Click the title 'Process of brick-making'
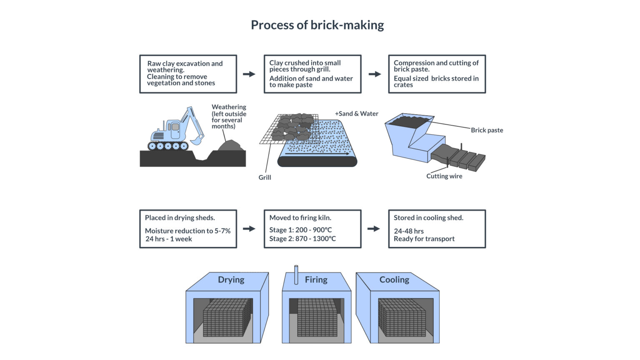tap(317, 25)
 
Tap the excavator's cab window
tap(175, 127)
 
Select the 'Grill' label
tap(265, 177)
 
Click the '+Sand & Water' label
tap(356, 113)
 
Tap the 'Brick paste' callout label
tap(487, 130)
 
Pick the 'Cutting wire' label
tap(444, 176)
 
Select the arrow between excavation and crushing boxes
tap(249, 74)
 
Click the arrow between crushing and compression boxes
tap(375, 74)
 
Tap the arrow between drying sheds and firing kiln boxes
tap(249, 229)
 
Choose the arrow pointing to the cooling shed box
tap(374, 229)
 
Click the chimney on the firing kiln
tap(296, 275)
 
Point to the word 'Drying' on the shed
tap(231, 280)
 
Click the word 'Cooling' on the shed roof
tap(394, 280)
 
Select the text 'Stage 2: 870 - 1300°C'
tap(302, 239)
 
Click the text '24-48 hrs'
tap(408, 231)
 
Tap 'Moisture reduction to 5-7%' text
tap(187, 231)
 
